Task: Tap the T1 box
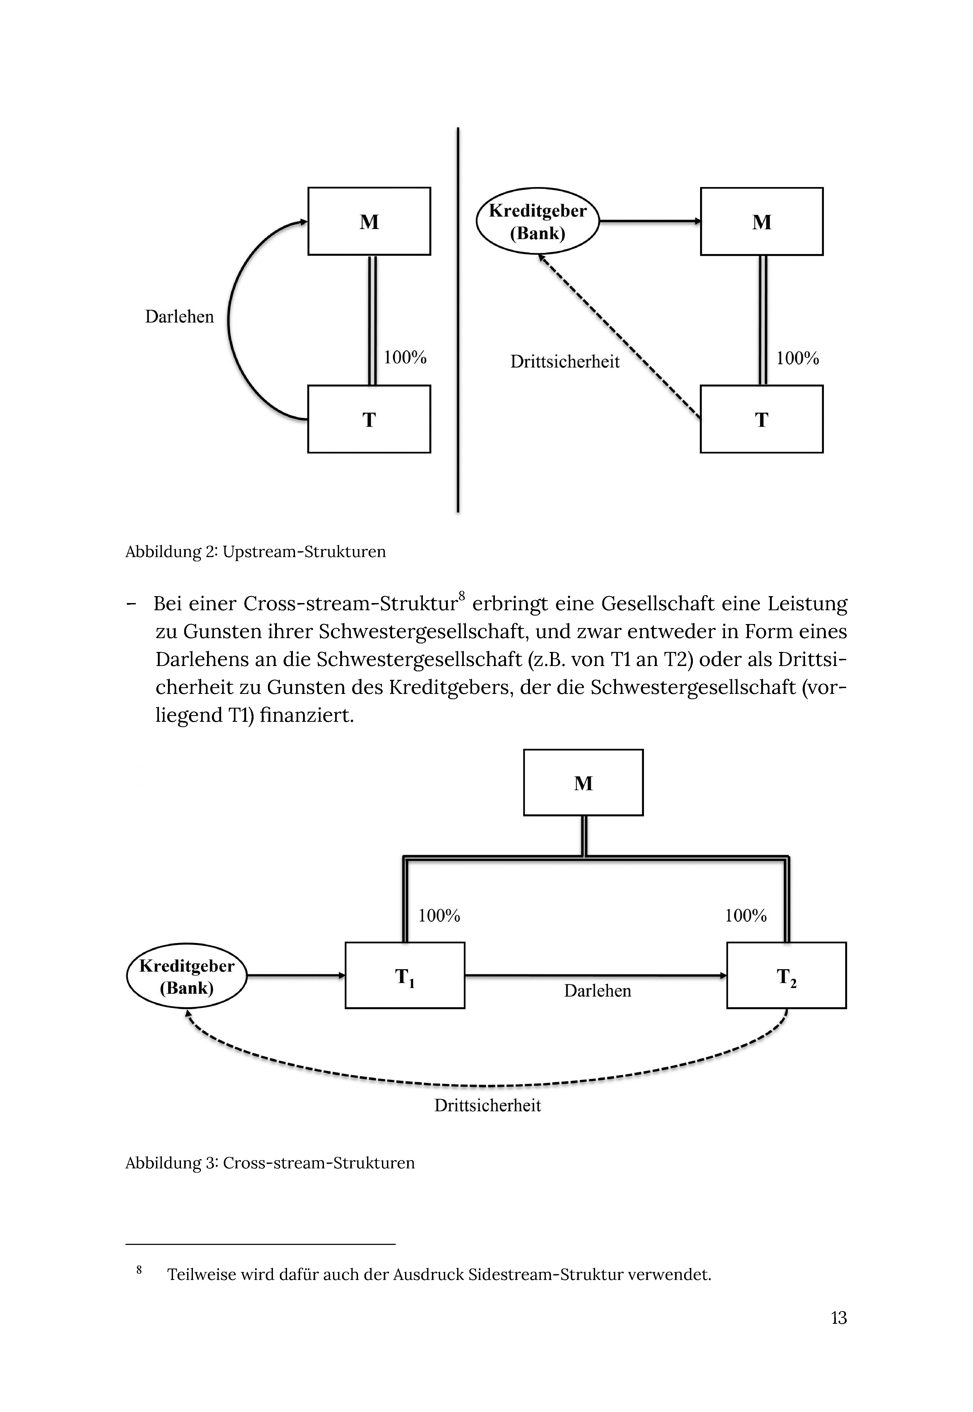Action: [x=405, y=976]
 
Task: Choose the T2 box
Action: [x=786, y=976]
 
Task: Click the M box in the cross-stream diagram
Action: [x=583, y=782]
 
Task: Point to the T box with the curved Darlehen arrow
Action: [x=369, y=419]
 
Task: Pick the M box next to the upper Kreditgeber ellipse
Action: [x=761, y=221]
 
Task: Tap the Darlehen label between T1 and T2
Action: [x=597, y=991]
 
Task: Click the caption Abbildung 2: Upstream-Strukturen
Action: [x=255, y=552]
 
